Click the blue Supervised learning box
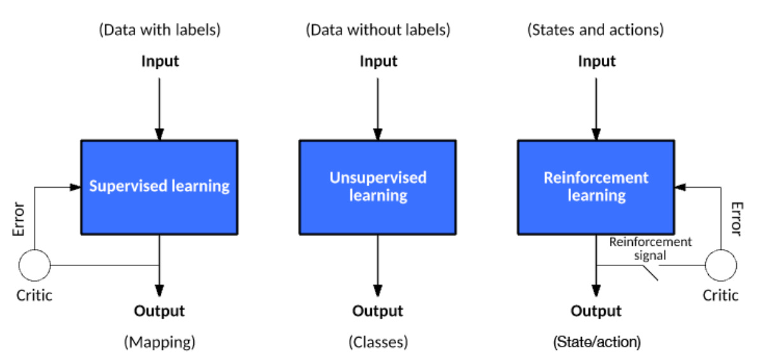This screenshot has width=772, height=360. [x=159, y=186]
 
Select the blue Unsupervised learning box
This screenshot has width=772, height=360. [x=378, y=186]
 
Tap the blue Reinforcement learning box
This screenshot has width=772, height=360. [x=596, y=186]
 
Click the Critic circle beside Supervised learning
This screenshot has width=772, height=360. [x=34, y=265]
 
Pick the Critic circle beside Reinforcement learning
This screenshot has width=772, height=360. [x=720, y=265]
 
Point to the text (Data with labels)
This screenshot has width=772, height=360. [x=160, y=30]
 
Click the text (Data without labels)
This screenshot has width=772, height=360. [x=378, y=30]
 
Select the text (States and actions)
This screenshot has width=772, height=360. [x=595, y=30]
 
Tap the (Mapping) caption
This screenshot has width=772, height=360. [x=160, y=342]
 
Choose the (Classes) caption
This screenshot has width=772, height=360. [x=378, y=342]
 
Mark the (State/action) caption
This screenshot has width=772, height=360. [x=596, y=342]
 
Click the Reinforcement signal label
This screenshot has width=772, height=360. [x=650, y=248]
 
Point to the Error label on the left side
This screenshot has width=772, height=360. [x=19, y=219]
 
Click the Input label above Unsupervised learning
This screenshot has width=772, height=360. [x=378, y=61]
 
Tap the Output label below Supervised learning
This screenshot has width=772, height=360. [x=160, y=311]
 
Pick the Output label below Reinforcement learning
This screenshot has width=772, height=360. [x=596, y=311]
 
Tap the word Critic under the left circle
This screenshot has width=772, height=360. [x=34, y=295]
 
